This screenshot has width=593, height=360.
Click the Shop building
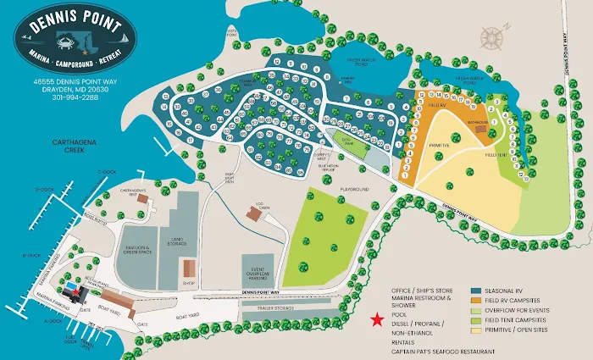point(188,270)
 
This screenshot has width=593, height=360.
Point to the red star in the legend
point(376,319)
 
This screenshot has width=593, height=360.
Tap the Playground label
point(354,190)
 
